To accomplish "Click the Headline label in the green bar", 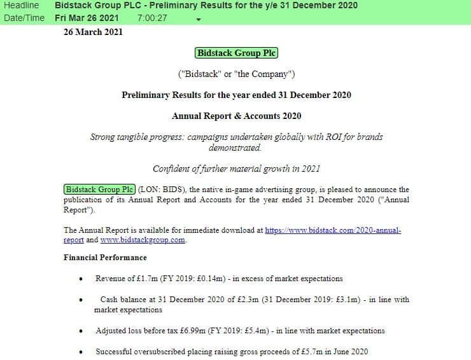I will click(x=21, y=6).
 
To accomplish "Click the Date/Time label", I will click(x=24, y=18).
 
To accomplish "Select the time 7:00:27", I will click(x=152, y=18).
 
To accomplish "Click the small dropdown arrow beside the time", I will click(x=199, y=19).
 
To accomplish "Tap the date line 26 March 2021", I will click(x=93, y=32).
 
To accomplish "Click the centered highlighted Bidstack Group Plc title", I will click(x=237, y=53).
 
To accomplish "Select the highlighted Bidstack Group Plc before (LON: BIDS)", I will click(x=100, y=190).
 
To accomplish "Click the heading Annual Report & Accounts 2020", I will click(x=236, y=116).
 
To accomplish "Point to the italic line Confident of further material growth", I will click(x=236, y=169).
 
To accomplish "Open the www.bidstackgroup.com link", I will click(x=143, y=240).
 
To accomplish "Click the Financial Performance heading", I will click(x=105, y=258).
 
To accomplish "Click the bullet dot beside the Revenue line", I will click(x=81, y=279).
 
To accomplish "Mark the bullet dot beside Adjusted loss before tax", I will click(x=81, y=331).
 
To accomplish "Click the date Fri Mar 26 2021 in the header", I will click(x=87, y=18).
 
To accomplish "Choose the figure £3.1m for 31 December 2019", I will click(x=349, y=300).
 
